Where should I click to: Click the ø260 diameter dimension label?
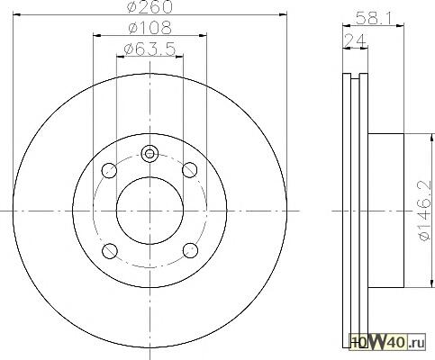150,6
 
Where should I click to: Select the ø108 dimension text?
150,28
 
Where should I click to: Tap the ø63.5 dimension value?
150,49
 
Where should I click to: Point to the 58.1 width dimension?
374,18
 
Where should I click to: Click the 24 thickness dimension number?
355,40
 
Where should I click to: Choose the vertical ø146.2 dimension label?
424,211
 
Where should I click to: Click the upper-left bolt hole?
109,170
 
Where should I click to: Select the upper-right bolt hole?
190,170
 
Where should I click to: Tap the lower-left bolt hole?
110,250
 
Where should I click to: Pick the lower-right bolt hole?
190,250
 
